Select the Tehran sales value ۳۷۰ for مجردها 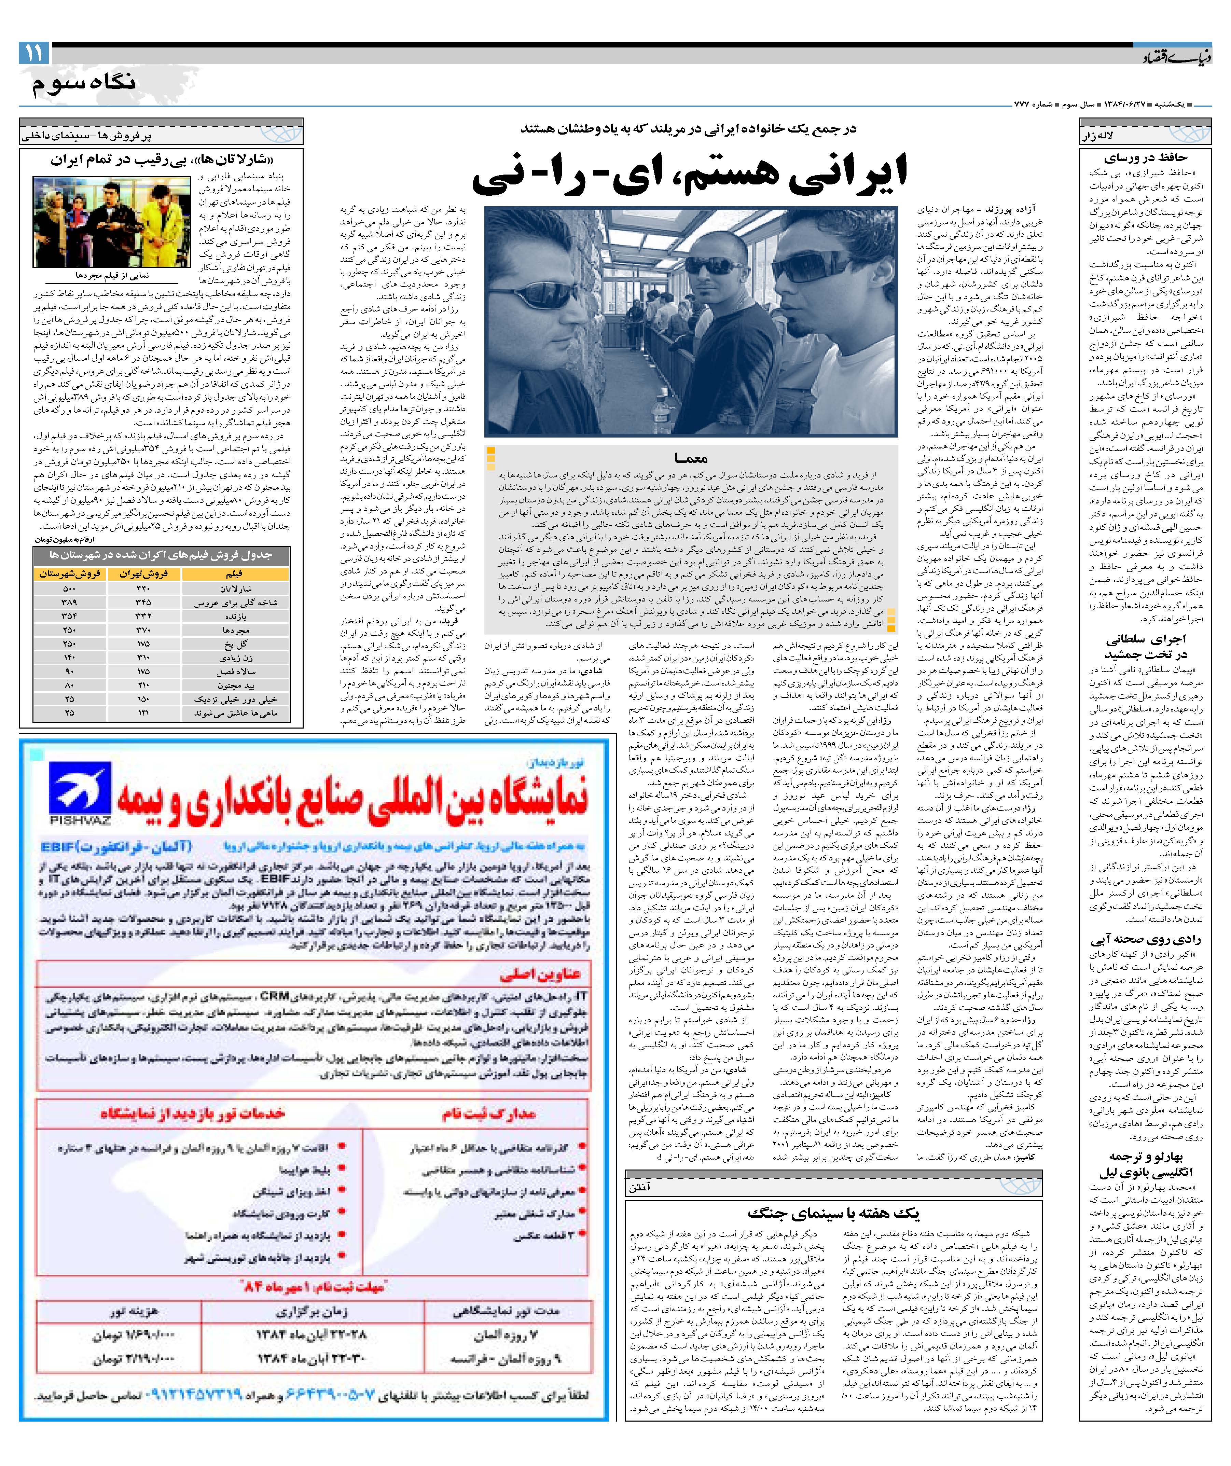pos(143,630)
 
